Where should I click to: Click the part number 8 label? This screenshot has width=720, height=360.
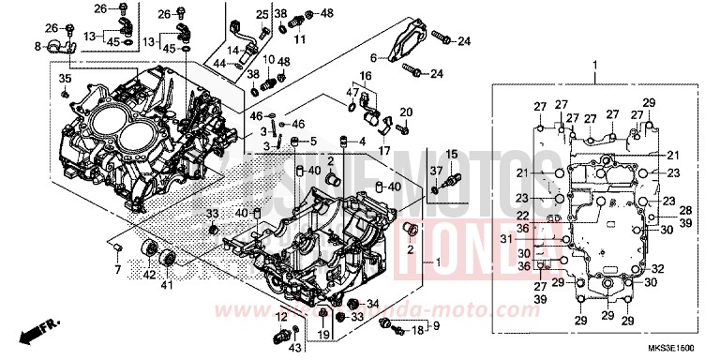37,45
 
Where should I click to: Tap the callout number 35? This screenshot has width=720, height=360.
65,78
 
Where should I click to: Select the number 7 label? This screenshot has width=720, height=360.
118,270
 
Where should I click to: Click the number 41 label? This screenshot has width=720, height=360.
170,284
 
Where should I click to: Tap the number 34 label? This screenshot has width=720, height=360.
370,303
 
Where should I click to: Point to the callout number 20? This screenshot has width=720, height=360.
406,112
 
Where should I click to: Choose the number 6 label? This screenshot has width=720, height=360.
371,56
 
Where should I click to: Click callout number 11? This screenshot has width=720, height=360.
301,41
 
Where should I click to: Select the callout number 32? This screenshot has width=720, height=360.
656,268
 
